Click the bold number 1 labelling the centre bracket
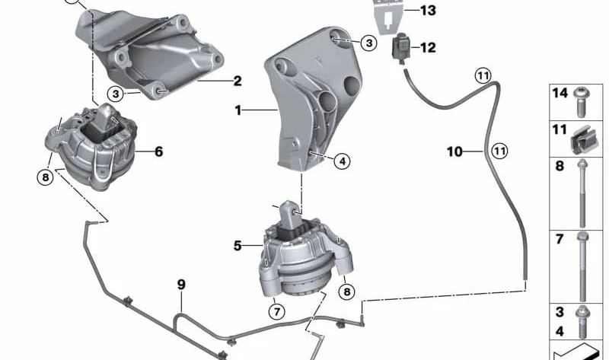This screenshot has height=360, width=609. [x=238, y=110]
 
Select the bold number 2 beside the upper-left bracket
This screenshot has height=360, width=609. [x=238, y=80]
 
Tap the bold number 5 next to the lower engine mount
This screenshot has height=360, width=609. [x=238, y=246]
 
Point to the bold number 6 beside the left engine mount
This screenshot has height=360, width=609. [x=158, y=151]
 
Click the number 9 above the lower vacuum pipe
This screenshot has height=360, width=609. [x=181, y=285]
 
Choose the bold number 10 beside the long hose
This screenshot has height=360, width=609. [x=454, y=152]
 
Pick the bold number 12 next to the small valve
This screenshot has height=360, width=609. [x=427, y=48]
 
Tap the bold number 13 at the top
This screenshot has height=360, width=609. [x=429, y=10]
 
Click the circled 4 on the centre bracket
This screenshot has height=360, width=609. [x=342, y=161]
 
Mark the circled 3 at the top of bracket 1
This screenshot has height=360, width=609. [x=368, y=43]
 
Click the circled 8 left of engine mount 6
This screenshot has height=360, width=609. [x=45, y=178]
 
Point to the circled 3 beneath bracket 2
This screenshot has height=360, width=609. [x=115, y=94]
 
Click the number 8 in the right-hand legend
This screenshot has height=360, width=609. [x=560, y=166]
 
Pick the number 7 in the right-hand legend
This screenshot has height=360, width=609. [x=560, y=239]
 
